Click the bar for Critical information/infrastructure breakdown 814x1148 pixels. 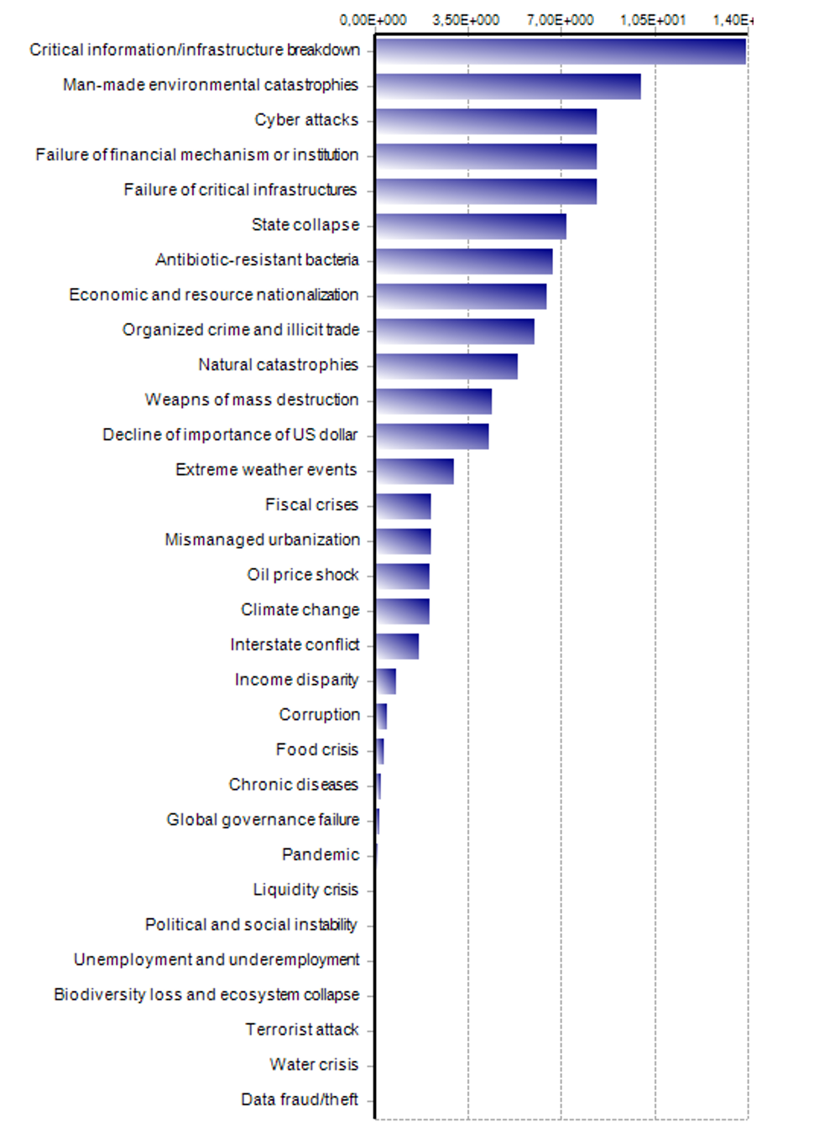[x=561, y=51]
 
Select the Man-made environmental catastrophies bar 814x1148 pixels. [x=508, y=86]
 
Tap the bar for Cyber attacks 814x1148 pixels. [x=486, y=122]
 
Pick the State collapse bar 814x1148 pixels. [x=471, y=227]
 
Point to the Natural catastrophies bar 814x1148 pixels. [x=446, y=367]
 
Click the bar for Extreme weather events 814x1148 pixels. [x=415, y=472]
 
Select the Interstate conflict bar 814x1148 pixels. [x=397, y=646]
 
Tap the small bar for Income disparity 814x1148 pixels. [x=386, y=681]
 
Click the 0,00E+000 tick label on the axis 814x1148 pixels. [x=373, y=20]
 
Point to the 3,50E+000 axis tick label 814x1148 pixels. [x=466, y=20]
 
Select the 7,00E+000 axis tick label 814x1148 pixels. [x=560, y=20]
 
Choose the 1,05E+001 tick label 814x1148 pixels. [x=653, y=20]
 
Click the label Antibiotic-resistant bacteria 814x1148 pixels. [x=257, y=260]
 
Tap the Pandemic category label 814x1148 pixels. [x=321, y=855]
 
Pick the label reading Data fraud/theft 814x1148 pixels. [x=300, y=1100]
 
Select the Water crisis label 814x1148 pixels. [x=314, y=1065]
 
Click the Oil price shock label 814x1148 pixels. [x=303, y=575]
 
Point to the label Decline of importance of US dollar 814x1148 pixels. [x=230, y=435]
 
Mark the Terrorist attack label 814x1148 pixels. [x=302, y=1030]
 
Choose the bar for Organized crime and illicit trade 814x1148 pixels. [x=455, y=331]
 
